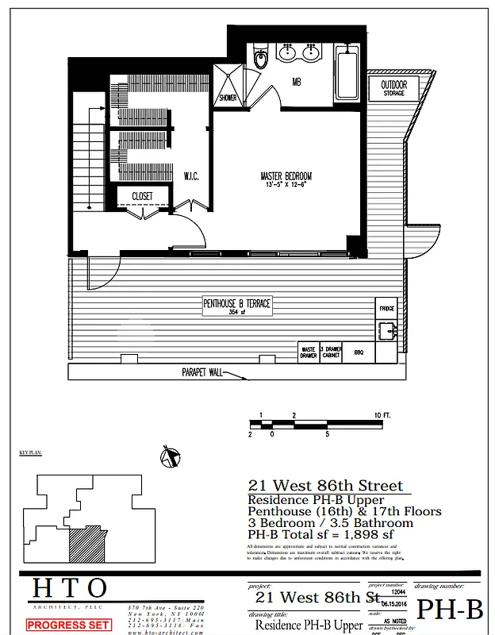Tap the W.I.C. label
pos(190,175)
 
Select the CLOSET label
pos(142,195)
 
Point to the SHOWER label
pos(228,98)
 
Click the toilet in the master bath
pos(260,57)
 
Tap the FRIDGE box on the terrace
pos(386,308)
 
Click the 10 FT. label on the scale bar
pos(382,416)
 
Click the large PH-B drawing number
pos(450,610)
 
